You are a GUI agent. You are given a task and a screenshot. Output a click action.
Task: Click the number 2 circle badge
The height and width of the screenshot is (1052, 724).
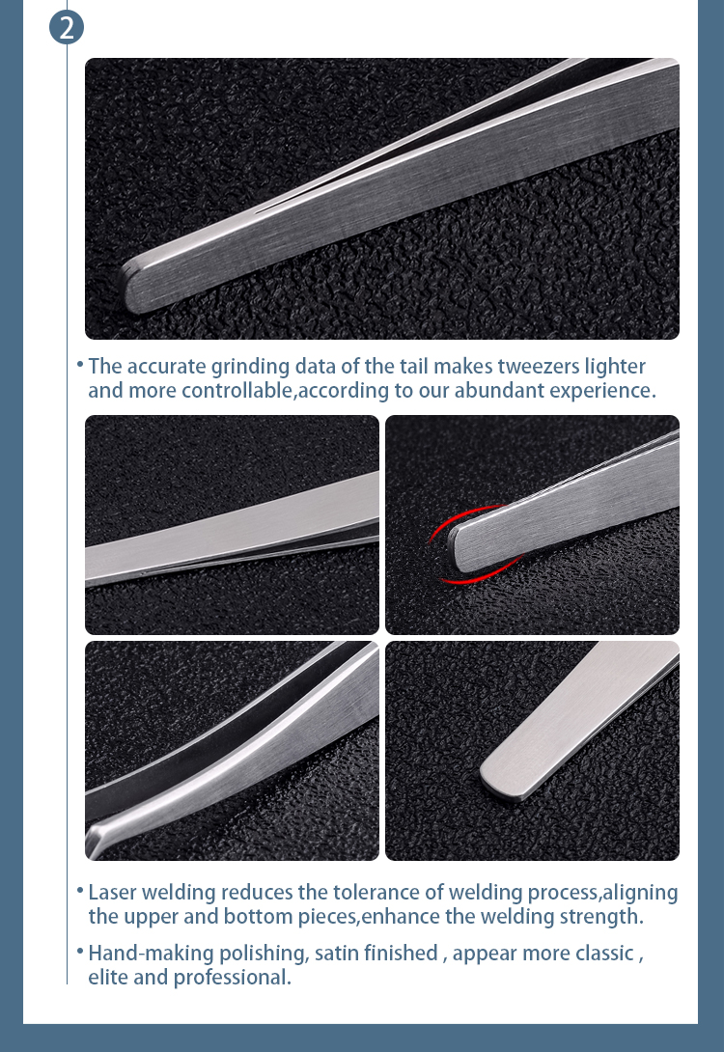tap(67, 27)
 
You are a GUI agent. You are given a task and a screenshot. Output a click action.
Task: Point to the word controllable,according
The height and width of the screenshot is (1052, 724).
tap(283, 391)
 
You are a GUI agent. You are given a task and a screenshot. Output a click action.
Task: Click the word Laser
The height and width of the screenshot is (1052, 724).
tap(111, 892)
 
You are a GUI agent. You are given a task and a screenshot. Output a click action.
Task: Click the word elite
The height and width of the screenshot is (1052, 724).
tap(108, 978)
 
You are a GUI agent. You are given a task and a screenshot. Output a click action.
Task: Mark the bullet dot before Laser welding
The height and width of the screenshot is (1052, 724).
tap(79, 889)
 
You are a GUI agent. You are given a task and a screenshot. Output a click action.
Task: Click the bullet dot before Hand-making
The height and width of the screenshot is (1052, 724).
tap(79, 951)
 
